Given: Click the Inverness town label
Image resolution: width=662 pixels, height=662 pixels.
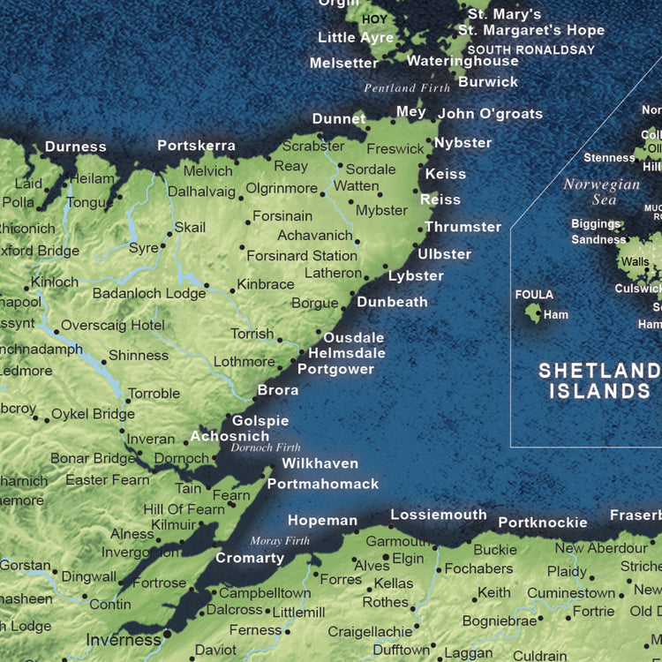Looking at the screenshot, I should click(x=123, y=640).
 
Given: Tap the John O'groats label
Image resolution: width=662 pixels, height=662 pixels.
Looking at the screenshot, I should click(x=490, y=113).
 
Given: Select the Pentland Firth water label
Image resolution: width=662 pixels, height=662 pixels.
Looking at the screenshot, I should click(x=407, y=88).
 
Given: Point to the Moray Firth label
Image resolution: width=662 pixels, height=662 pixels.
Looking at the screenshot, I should click(x=280, y=541).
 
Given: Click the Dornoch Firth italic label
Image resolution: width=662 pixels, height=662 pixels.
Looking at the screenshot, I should click(x=266, y=448).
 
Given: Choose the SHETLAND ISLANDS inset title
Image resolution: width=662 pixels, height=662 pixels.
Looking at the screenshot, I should click(x=599, y=380).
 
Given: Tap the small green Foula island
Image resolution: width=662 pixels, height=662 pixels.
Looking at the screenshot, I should click(x=533, y=312).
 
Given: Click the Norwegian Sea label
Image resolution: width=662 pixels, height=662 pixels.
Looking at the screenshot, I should click(x=602, y=192).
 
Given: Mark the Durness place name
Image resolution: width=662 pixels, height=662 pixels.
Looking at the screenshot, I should click(x=76, y=147).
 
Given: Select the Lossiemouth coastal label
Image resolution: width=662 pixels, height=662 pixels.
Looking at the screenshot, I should click(x=439, y=515).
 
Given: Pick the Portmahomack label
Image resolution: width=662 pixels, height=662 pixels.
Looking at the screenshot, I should click(x=323, y=484).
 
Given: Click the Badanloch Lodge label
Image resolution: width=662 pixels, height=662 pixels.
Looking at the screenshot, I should click(x=149, y=293).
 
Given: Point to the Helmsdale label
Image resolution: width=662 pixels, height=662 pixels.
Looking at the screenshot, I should click(x=347, y=353).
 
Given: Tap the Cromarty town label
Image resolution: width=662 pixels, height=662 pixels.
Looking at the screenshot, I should click(x=250, y=558).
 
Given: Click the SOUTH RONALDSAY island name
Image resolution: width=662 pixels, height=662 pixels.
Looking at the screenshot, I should click(x=531, y=50).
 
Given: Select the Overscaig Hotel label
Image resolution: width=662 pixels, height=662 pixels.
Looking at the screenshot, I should click(x=113, y=325).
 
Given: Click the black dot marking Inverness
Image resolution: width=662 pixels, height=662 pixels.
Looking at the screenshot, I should click(x=167, y=635).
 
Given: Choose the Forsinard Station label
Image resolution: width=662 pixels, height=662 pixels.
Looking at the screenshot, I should click(x=302, y=256).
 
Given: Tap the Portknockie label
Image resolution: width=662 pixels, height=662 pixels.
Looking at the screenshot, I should click(x=542, y=523).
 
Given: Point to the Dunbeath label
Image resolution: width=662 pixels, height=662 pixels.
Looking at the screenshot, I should click(x=392, y=302).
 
